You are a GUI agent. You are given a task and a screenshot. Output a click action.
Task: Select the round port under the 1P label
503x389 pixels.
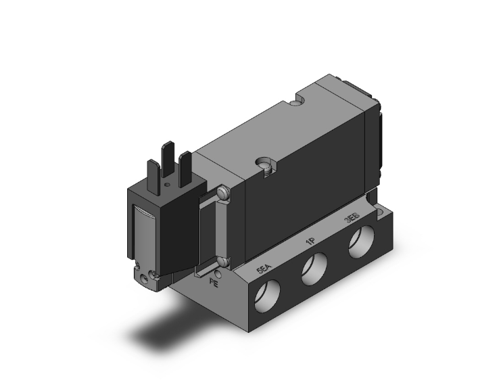(x=314, y=270)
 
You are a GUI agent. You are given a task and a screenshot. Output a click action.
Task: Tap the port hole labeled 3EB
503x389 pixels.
(x=361, y=247)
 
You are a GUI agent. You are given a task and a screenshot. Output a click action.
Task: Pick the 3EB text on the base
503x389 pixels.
(x=352, y=221)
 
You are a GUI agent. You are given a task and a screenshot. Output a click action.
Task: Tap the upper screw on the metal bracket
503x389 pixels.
(x=224, y=195)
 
